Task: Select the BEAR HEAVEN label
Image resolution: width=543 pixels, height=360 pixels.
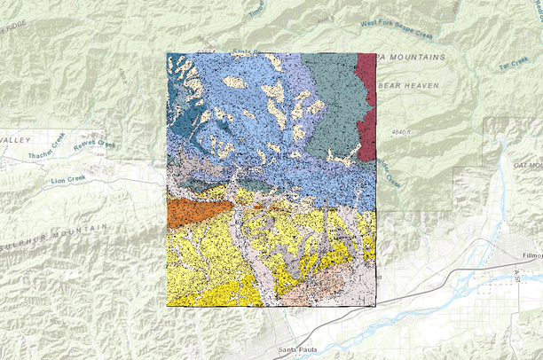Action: pos(409,85)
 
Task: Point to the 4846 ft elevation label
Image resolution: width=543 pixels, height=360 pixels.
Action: pos(401,131)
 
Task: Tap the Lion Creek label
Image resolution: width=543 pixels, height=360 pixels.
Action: pos(68,180)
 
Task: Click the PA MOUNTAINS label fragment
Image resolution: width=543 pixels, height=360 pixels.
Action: pos(411,58)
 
